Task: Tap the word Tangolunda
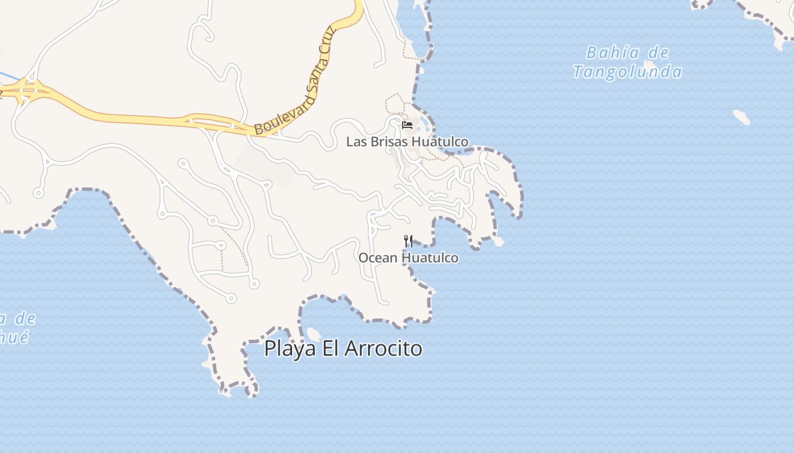(627, 72)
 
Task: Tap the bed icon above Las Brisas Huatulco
(407, 125)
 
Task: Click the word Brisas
(390, 142)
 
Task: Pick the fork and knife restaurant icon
(408, 241)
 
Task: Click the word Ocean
(378, 258)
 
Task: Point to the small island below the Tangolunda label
(741, 117)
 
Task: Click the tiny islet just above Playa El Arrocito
(314, 334)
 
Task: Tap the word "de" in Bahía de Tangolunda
(658, 53)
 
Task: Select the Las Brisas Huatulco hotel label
(407, 142)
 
